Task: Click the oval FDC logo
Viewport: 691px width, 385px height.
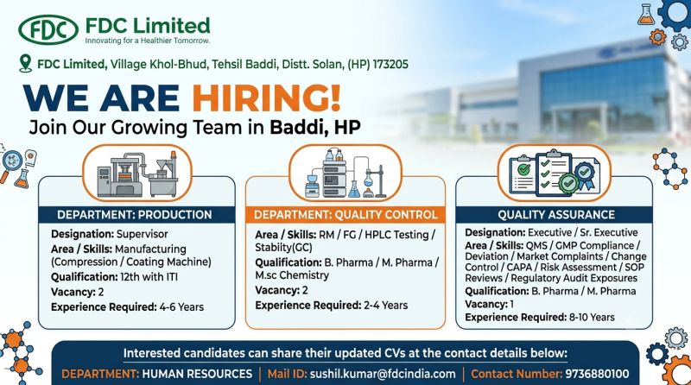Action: click(48, 30)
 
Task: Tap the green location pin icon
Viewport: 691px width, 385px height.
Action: click(26, 63)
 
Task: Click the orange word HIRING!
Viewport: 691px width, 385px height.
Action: click(266, 98)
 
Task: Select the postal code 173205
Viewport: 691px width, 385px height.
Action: click(390, 65)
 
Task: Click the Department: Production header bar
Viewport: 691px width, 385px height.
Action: click(136, 215)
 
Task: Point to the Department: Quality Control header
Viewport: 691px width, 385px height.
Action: click(345, 215)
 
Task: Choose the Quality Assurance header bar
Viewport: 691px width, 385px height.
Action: click(555, 215)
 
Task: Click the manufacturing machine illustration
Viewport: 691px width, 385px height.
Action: click(137, 174)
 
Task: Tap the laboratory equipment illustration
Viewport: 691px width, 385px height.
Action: click(345, 174)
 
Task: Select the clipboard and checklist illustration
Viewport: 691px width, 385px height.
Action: click(555, 174)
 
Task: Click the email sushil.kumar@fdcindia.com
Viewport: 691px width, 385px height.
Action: click(383, 374)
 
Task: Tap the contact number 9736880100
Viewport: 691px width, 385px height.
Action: click(597, 374)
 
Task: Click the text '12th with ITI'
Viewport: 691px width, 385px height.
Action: click(149, 277)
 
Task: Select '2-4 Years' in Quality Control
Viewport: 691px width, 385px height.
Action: click(385, 306)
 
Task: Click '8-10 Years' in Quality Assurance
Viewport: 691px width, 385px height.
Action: click(592, 317)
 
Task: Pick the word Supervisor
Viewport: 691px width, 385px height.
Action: click(143, 234)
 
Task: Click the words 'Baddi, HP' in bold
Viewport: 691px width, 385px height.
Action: click(315, 127)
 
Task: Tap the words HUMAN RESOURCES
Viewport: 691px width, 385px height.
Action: click(197, 374)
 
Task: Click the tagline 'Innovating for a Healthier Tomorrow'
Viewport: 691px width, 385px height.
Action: click(147, 41)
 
